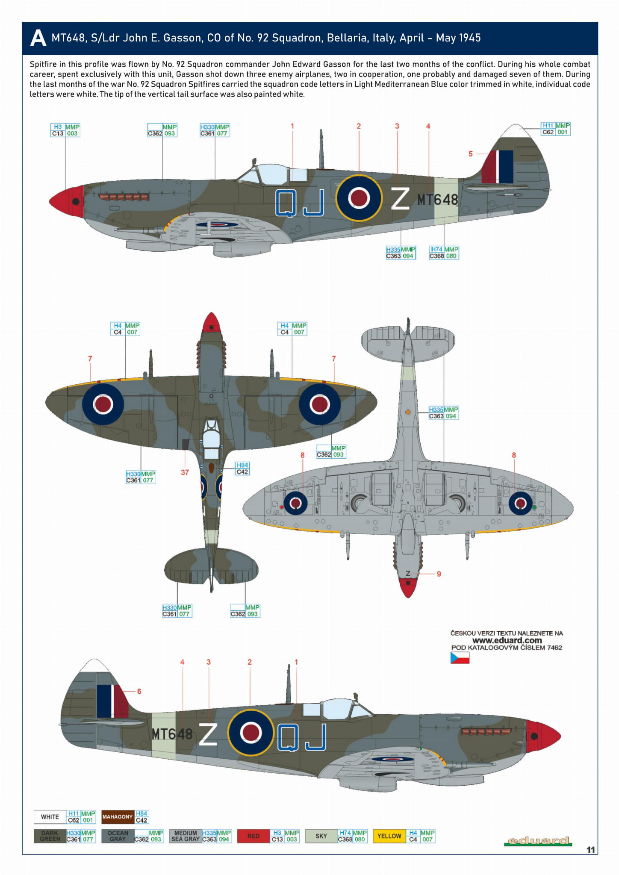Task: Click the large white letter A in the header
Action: pos(38,38)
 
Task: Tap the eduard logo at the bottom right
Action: pos(538,841)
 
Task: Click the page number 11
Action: pos(590,850)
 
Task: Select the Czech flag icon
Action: pos(460,658)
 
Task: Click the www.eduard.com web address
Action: pos(507,640)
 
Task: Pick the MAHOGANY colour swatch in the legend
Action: pos(118,816)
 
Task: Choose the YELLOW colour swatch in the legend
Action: pos(389,836)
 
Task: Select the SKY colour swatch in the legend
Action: pos(321,836)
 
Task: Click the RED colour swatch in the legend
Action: pos(253,836)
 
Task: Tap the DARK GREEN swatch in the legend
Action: pos(50,836)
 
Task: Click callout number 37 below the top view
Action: pos(185,472)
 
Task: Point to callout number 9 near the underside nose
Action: pos(439,574)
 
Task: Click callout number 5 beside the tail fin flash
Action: pos(471,153)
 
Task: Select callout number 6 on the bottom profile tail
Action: pos(139,691)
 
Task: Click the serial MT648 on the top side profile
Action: pos(437,200)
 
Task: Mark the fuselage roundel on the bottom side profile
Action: pos(251,732)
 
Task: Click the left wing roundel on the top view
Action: pos(103,404)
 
